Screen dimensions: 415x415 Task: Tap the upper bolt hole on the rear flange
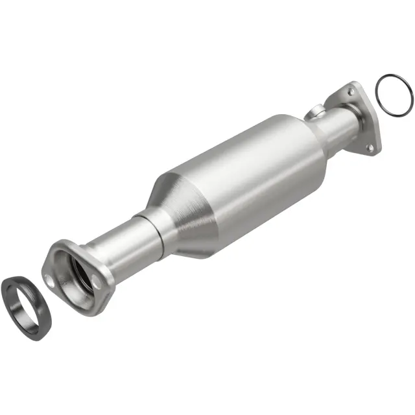pos(351,93)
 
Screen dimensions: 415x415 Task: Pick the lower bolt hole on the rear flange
pos(370,148)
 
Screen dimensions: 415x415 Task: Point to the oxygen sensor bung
pos(316,113)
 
